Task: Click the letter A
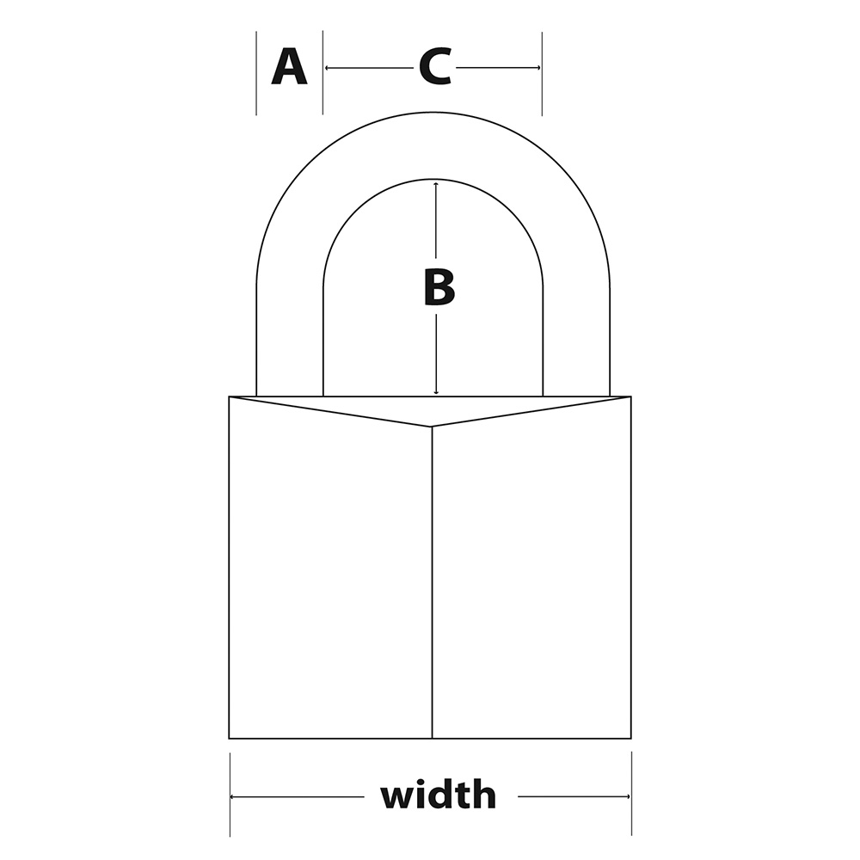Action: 289,66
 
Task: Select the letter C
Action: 435,67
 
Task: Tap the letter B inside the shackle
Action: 439,287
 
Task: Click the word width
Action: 439,794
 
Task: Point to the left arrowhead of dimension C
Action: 328,68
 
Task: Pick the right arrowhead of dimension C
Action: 537,68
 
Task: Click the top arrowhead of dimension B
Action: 435,184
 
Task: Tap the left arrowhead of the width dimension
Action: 233,796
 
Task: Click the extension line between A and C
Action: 322,72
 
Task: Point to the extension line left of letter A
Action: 256,73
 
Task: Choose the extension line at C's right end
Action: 542,73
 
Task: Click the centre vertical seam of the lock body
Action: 433,582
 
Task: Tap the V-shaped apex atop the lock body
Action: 432,427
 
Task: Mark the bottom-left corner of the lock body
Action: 230,738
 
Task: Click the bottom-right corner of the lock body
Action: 631,738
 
